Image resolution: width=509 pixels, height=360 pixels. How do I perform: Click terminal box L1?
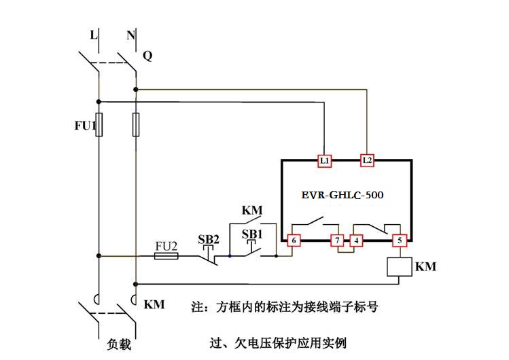coord(325,161)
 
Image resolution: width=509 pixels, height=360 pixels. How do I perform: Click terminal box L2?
coord(367,161)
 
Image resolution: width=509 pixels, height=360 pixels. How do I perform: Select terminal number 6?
coord(294,240)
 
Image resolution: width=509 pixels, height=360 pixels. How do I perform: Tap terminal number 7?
coord(336,240)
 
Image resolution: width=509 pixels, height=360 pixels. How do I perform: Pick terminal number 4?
coord(356,240)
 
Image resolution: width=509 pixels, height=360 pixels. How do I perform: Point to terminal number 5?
coord(400,240)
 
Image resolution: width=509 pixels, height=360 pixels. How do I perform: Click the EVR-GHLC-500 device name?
coord(343,195)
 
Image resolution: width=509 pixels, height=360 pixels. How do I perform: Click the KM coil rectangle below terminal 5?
coord(400,267)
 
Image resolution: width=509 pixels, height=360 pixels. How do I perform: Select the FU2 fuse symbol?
coord(166,256)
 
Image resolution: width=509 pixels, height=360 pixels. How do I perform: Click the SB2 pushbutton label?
coord(209,239)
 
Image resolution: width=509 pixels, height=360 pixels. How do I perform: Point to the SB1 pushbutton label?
coord(253,234)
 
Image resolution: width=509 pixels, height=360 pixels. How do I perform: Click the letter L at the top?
coord(94,33)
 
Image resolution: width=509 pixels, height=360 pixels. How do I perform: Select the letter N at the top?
coord(130,33)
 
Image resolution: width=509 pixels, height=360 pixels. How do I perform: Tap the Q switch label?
coord(147,56)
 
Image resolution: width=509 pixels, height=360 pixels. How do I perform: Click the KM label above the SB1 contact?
coord(251,211)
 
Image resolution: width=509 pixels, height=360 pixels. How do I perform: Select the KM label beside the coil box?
coord(425,267)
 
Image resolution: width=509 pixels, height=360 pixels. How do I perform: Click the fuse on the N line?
coord(136,125)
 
